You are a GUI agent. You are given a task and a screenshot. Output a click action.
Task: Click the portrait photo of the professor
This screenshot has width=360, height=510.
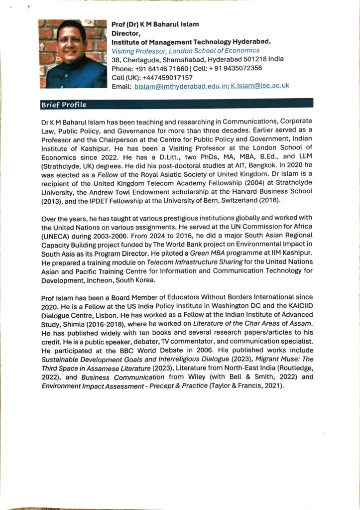(73, 54)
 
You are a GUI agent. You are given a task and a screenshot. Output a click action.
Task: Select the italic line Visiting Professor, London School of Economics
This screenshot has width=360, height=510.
(185, 50)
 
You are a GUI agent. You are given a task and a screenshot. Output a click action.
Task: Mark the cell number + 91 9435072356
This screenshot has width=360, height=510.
(236, 68)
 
